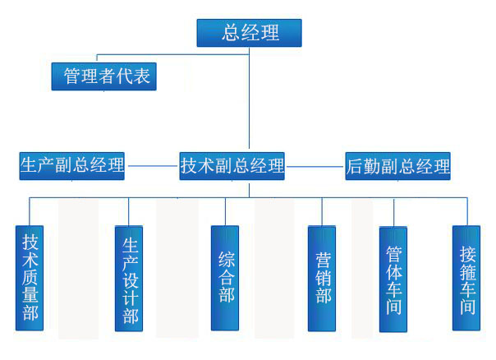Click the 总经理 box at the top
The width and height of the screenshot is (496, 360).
(249, 33)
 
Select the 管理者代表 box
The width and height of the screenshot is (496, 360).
(103, 76)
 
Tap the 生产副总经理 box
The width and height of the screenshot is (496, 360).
(72, 166)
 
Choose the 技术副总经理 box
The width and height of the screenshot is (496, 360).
(232, 166)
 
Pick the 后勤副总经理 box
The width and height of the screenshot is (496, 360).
(398, 166)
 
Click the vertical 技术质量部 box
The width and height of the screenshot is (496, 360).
(30, 277)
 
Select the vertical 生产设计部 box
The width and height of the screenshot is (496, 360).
(129, 279)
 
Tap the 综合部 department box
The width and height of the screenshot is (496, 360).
(225, 277)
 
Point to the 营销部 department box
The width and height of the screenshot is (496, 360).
(322, 277)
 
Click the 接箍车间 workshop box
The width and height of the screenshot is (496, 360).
(466, 278)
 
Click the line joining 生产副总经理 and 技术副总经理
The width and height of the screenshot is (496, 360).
(153, 166)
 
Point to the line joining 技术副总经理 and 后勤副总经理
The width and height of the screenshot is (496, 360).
(315, 166)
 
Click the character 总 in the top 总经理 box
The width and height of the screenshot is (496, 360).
(231, 33)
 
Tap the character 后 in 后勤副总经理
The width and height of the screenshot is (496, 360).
(355, 166)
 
